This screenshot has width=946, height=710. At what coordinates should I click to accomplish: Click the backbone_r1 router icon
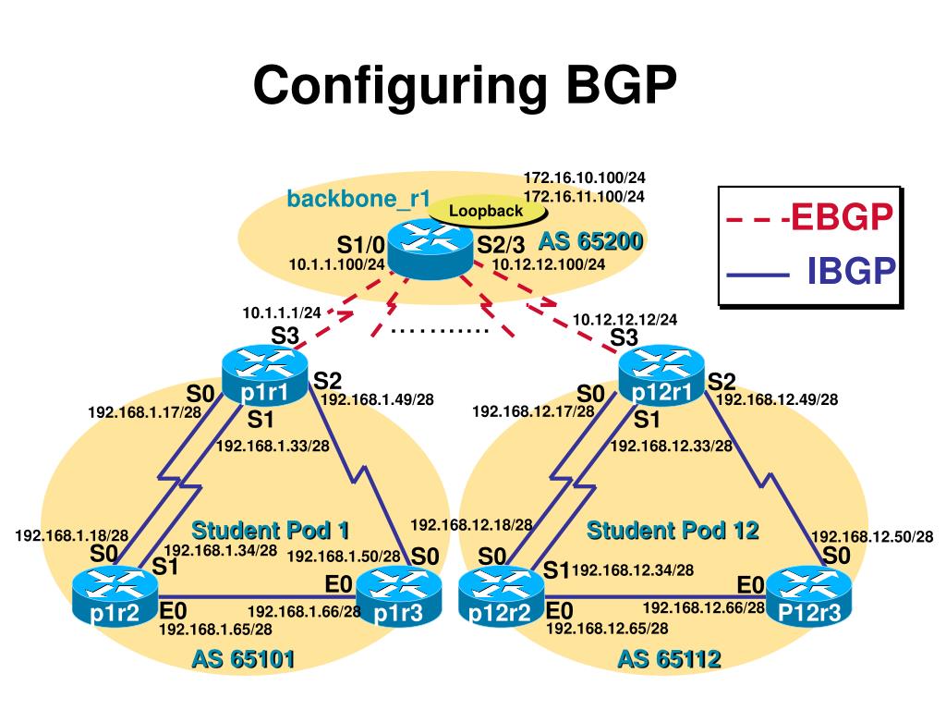click(430, 247)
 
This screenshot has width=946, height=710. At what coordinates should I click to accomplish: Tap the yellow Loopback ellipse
click(486, 211)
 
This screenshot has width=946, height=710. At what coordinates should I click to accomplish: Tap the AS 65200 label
click(590, 242)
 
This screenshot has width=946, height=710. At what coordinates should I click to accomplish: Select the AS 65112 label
click(669, 659)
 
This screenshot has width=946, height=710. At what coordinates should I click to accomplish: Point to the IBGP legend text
click(851, 274)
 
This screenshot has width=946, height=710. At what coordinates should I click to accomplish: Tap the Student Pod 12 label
click(673, 531)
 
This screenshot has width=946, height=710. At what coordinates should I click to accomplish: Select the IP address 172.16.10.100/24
click(584, 177)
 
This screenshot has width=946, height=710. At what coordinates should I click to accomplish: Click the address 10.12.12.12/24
click(625, 320)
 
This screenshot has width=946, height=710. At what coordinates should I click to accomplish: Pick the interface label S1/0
click(360, 245)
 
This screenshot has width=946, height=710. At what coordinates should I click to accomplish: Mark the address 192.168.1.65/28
click(215, 630)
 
